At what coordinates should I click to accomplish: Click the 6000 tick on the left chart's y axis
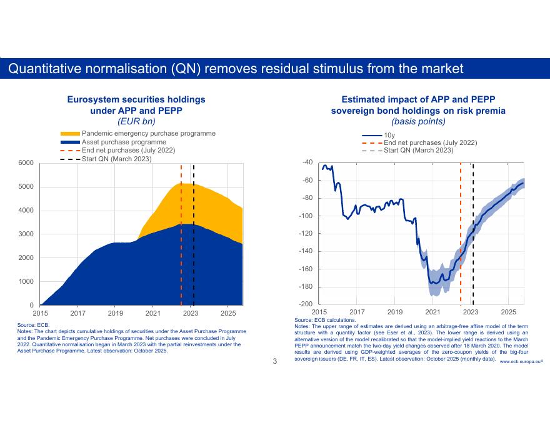[x=25, y=163]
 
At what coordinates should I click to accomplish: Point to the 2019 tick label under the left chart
[x=116, y=312]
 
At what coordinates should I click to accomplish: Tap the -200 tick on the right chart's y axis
[x=306, y=304]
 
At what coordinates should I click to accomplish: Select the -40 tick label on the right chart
[x=307, y=162]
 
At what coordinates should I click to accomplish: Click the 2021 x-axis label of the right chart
[x=432, y=311]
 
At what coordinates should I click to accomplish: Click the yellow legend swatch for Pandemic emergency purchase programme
[x=70, y=134]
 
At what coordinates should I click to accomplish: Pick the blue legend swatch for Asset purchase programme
[x=70, y=142]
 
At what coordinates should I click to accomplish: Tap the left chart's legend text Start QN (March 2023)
[x=117, y=159]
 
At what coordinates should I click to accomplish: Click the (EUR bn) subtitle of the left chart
[x=136, y=121]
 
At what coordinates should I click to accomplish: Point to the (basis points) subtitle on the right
[x=417, y=121]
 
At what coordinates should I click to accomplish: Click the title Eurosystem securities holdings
[x=136, y=99]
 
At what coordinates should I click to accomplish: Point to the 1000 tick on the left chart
[x=25, y=282]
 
